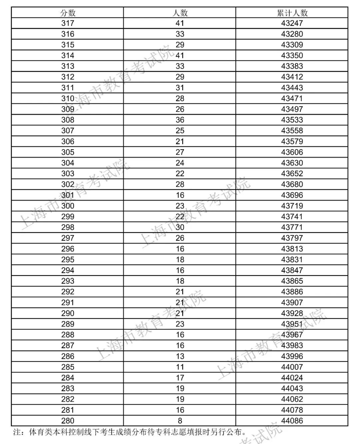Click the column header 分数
pos(68,13)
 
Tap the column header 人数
pos(180,13)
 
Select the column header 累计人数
pos(292,13)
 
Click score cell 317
pos(68,23)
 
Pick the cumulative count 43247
pos(292,23)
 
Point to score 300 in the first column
pos(68,206)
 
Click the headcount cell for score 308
pos(180,120)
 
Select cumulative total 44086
pos(292,421)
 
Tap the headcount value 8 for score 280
pos(180,421)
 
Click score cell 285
pos(68,367)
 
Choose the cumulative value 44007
pos(292,367)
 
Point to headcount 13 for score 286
pos(180,356)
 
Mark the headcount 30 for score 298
pos(180,227)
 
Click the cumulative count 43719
pos(292,206)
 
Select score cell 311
pos(68,88)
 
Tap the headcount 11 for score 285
pos(180,367)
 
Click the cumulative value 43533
pos(292,120)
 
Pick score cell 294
pos(68,270)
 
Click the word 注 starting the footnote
pos(17,433)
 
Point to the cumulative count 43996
pos(292,356)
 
